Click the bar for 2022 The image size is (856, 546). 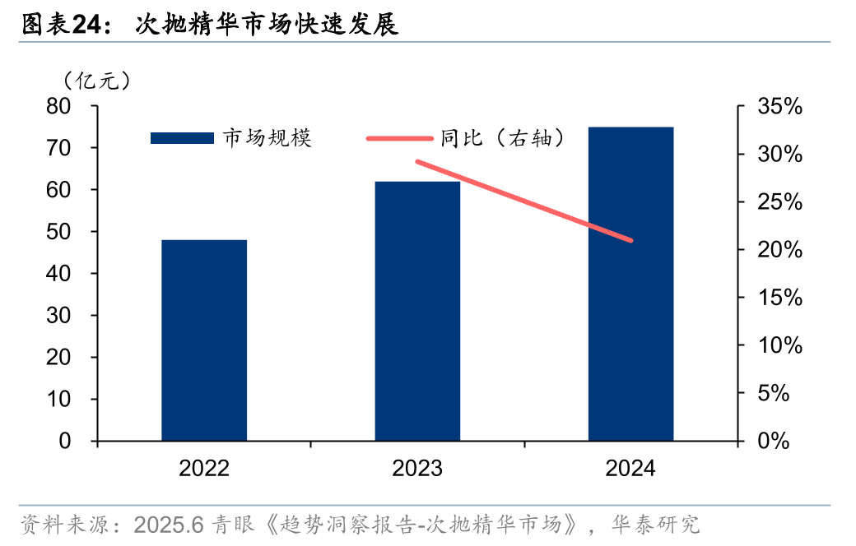204,340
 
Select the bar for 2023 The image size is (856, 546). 417,311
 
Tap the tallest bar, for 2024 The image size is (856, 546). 630,284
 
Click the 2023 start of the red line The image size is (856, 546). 418,161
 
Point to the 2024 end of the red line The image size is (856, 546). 630,240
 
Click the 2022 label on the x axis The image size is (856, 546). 204,469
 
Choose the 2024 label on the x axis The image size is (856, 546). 630,469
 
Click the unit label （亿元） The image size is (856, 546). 96,81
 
